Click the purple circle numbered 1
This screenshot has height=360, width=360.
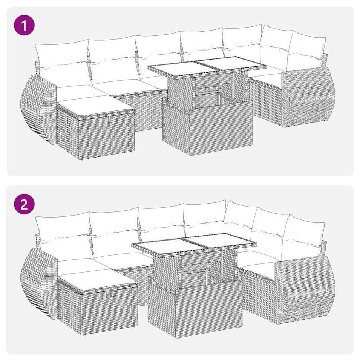pyautogui.click(x=25, y=25)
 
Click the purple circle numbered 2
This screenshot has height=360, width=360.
pyautogui.click(x=25, y=204)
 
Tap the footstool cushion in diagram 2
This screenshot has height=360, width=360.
pyautogui.click(x=98, y=280)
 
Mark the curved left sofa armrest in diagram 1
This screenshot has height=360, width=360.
pyautogui.click(x=38, y=109)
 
